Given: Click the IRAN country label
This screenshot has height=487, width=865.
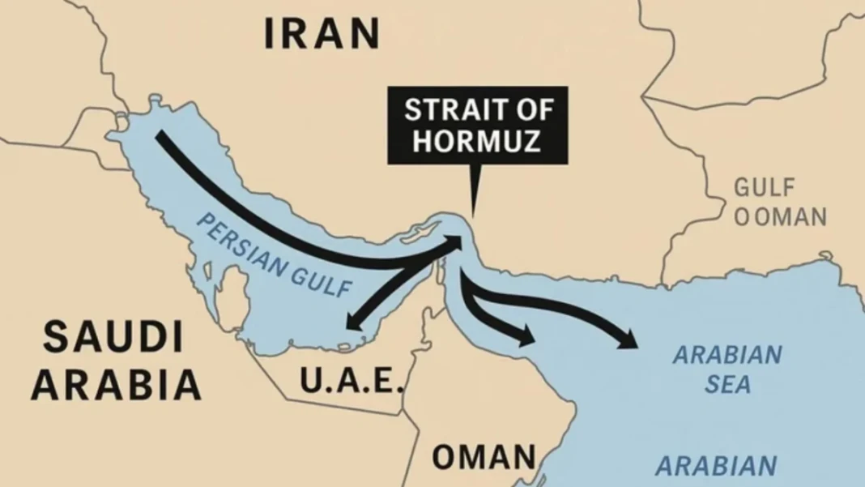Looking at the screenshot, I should (322, 34).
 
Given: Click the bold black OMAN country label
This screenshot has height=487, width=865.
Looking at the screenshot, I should (484, 458).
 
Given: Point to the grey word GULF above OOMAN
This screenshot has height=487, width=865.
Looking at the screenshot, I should (765, 189).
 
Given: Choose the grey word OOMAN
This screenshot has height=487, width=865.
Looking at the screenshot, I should (779, 217).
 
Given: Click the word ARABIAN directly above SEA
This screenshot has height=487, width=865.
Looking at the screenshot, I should (728, 355).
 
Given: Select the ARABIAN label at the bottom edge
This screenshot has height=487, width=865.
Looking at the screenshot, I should (715, 467).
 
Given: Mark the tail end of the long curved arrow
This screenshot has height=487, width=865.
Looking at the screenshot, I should (160, 135).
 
